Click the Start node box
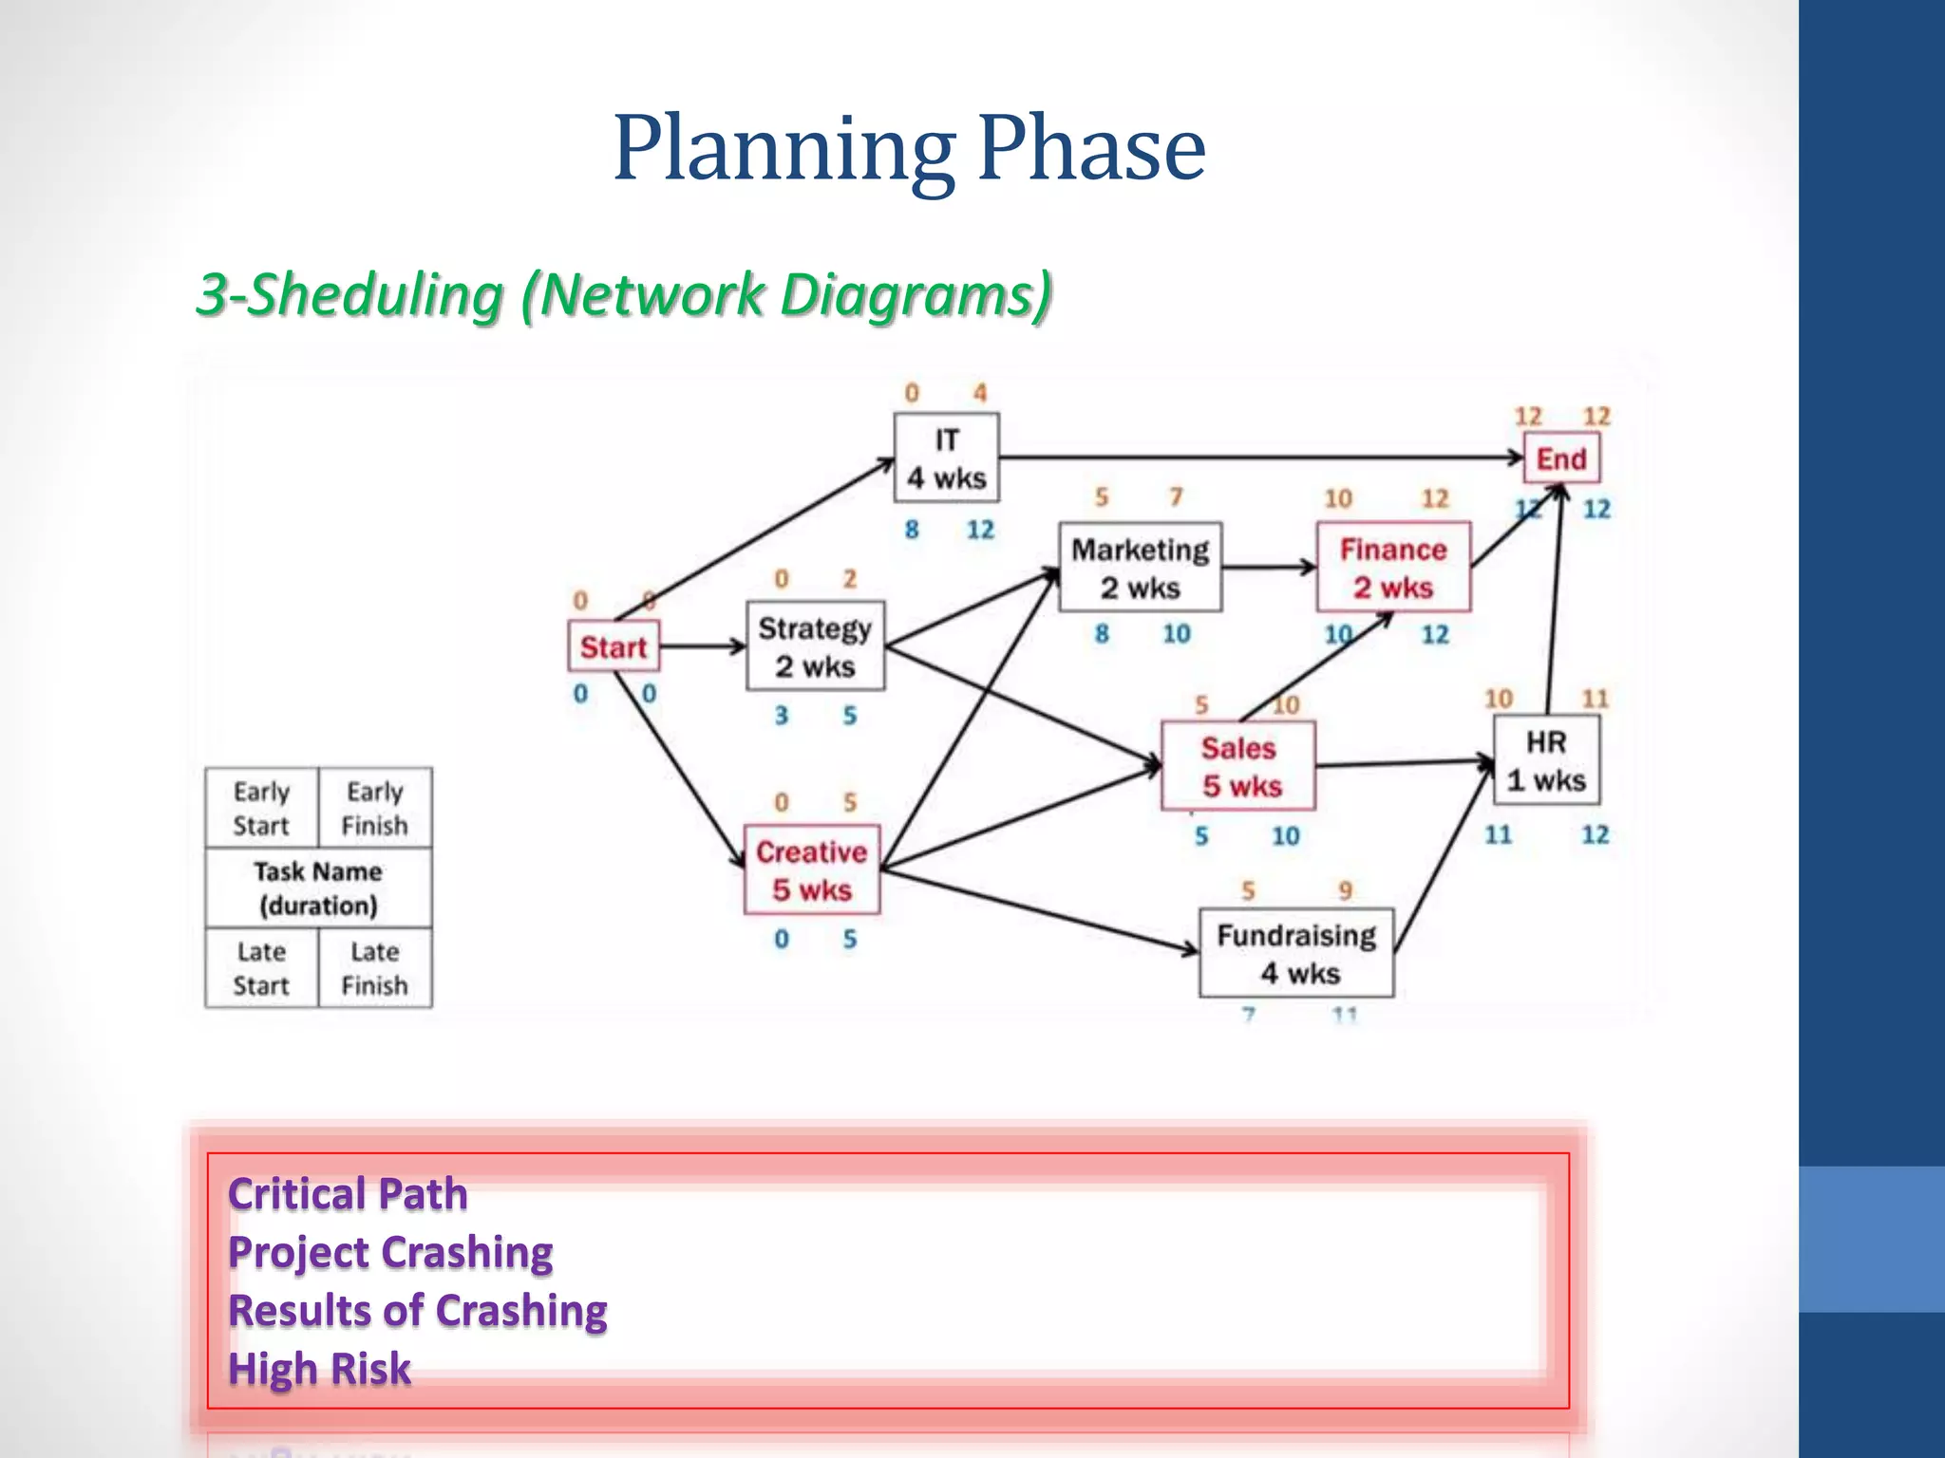[x=614, y=646]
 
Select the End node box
[x=1560, y=458]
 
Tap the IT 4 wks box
[x=946, y=458]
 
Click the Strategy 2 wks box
[x=815, y=646]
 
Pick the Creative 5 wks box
[x=812, y=869]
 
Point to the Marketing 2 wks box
[x=1140, y=568]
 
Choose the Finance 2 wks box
[x=1392, y=568]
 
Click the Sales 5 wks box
[x=1238, y=766]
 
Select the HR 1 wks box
[x=1546, y=760]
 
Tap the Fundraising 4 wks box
[x=1296, y=953]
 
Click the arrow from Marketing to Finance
[x=1268, y=568]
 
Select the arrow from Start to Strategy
[x=703, y=646]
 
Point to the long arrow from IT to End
[x=1254, y=458]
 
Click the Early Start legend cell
[x=261, y=808]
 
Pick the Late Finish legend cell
[x=374, y=967]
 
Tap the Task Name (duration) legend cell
[x=318, y=888]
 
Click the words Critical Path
[x=348, y=1194]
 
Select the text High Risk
[x=319, y=1369]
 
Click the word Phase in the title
[x=1091, y=149]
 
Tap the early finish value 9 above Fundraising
[x=1345, y=890]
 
